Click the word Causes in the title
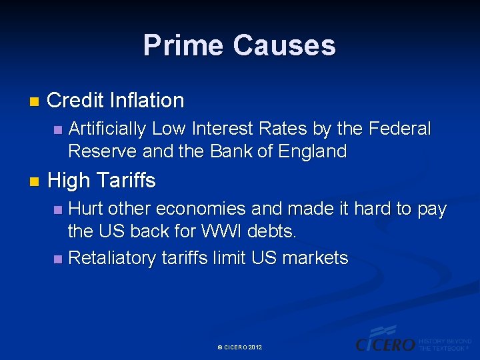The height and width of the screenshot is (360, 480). tap(285, 45)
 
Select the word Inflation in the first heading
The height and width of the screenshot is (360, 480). tap(147, 101)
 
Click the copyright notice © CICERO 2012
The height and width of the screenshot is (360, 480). tap(240, 348)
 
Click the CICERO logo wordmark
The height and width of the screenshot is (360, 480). tap(385, 344)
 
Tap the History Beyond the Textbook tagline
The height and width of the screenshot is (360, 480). tap(445, 345)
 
